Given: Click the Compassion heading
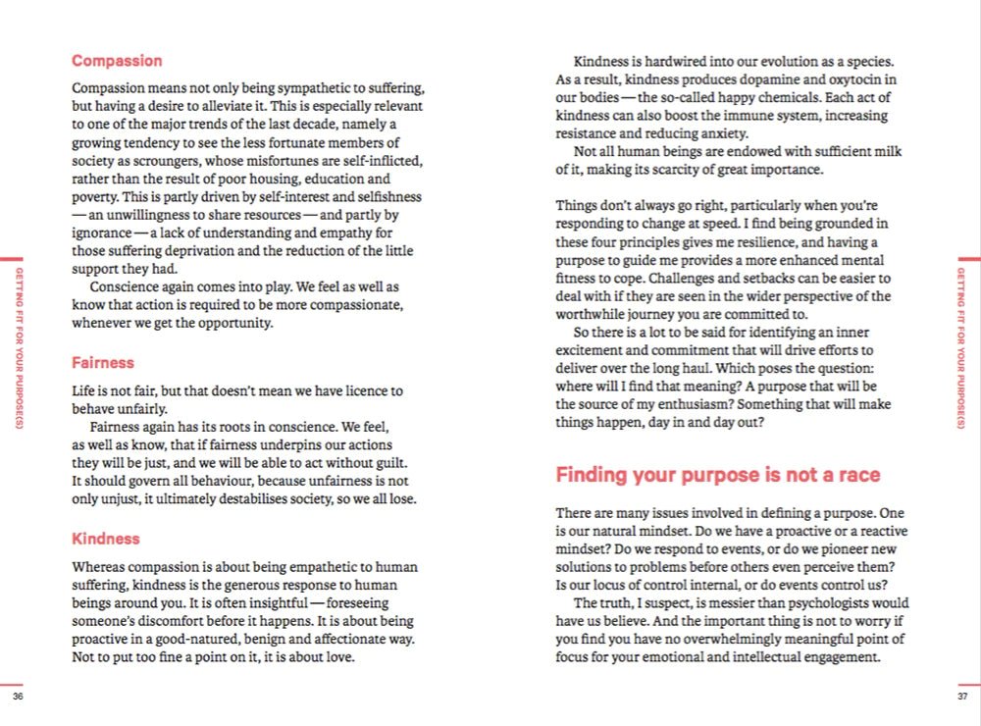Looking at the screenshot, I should pyautogui.click(x=117, y=61).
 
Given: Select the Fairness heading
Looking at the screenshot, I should pyautogui.click(x=102, y=363).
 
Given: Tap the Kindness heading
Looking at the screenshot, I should pyautogui.click(x=105, y=539).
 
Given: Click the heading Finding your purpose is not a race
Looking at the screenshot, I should pyautogui.click(x=717, y=476).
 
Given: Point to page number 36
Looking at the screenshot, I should pyautogui.click(x=18, y=697).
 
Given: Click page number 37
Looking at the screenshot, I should pyautogui.click(x=962, y=697).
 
